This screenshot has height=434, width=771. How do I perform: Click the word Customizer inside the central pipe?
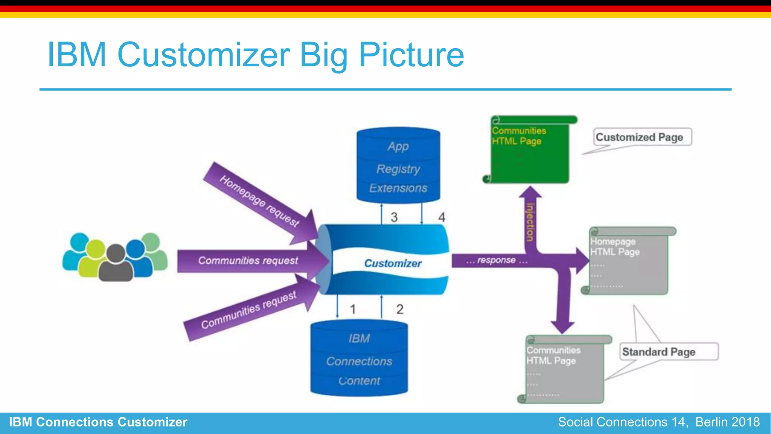pyautogui.click(x=393, y=263)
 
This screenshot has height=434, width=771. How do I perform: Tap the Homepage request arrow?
pyautogui.click(x=259, y=202)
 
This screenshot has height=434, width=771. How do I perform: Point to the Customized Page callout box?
pyautogui.click(x=642, y=137)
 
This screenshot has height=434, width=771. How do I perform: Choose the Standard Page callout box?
pyautogui.click(x=668, y=352)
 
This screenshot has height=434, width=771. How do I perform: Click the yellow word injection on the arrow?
pyautogui.click(x=530, y=222)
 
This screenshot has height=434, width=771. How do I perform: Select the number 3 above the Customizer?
pyautogui.click(x=394, y=217)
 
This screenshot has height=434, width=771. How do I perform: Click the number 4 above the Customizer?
pyautogui.click(x=442, y=217)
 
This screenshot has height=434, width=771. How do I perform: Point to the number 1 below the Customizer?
pyautogui.click(x=353, y=310)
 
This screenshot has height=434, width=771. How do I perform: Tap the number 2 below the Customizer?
pyautogui.click(x=400, y=310)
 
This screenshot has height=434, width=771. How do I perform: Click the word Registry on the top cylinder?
pyautogui.click(x=398, y=169)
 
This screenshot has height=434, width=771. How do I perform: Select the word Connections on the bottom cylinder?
pyautogui.click(x=359, y=362)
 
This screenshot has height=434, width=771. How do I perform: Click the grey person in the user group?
pyautogui.click(x=116, y=264)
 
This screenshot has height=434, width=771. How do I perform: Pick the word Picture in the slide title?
pyautogui.click(x=411, y=55)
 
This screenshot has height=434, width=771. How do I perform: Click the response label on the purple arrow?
pyautogui.click(x=497, y=260)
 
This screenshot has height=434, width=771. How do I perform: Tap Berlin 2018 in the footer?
pyautogui.click(x=727, y=422)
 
